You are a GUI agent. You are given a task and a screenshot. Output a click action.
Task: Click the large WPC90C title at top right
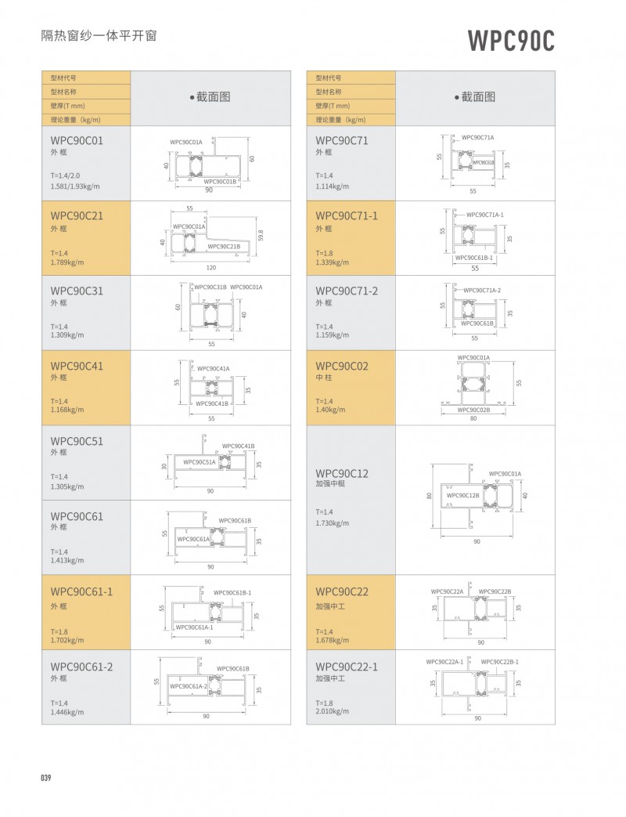[511, 40]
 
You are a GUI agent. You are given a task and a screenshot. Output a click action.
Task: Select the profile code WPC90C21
[77, 215]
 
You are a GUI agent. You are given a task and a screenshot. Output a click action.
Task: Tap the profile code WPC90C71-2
[347, 291]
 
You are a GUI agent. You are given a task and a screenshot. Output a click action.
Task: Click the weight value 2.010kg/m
[332, 711]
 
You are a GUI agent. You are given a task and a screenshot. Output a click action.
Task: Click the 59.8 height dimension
[261, 235]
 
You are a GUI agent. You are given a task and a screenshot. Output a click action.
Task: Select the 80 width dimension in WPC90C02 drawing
[473, 418]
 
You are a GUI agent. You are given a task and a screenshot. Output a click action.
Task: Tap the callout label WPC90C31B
[210, 287]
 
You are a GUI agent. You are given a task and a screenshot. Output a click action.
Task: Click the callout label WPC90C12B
[462, 495]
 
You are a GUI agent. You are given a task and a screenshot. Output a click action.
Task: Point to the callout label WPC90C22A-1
[444, 661]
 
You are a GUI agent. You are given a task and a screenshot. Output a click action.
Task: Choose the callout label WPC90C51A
[200, 462]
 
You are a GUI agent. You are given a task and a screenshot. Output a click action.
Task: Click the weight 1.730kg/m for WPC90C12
[333, 522]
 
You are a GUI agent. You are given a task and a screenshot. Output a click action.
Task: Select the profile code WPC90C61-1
[81, 591]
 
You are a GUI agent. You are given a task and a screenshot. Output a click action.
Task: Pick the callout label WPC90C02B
[473, 409]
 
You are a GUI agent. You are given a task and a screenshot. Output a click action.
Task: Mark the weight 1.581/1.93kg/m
[75, 186]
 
